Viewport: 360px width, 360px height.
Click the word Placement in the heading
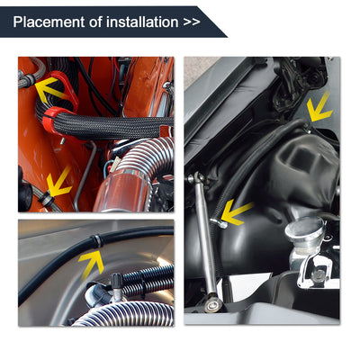click(x=47, y=20)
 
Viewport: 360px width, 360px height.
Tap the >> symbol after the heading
click(x=191, y=20)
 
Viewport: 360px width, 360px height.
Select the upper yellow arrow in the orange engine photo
click(x=49, y=87)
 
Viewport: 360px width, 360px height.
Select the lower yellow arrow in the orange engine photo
click(x=59, y=183)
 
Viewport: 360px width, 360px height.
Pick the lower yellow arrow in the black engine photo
click(x=236, y=213)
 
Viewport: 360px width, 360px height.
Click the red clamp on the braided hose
click(x=54, y=117)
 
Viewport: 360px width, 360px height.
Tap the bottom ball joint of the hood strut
click(x=212, y=305)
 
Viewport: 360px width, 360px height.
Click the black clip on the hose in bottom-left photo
click(x=96, y=241)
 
